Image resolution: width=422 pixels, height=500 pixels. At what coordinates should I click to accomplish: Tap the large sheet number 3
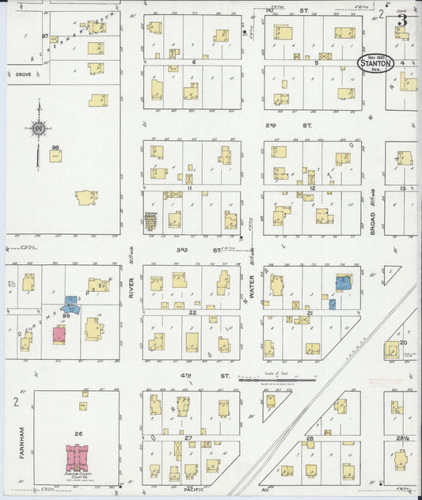[403, 20]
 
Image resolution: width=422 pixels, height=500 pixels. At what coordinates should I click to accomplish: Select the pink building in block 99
[59, 334]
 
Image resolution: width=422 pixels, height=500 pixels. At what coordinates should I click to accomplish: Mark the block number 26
[78, 434]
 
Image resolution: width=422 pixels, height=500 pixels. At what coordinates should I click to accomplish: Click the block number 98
[55, 148]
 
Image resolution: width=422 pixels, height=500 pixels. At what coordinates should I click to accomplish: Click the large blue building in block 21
[343, 282]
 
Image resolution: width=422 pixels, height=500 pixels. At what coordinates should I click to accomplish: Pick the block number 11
[190, 188]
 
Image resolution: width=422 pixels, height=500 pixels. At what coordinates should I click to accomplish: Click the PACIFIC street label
[194, 490]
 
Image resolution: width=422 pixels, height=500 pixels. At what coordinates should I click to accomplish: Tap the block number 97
[45, 37]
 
